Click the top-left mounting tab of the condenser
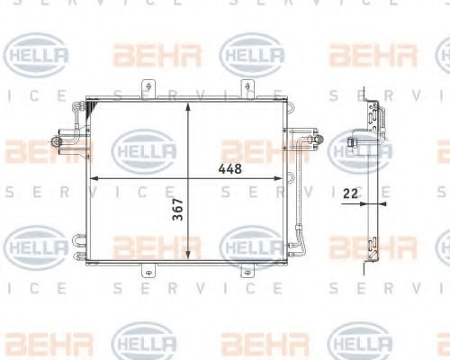(x=143, y=89)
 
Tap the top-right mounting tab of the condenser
(x=243, y=89)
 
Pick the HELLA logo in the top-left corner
(x=36, y=57)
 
